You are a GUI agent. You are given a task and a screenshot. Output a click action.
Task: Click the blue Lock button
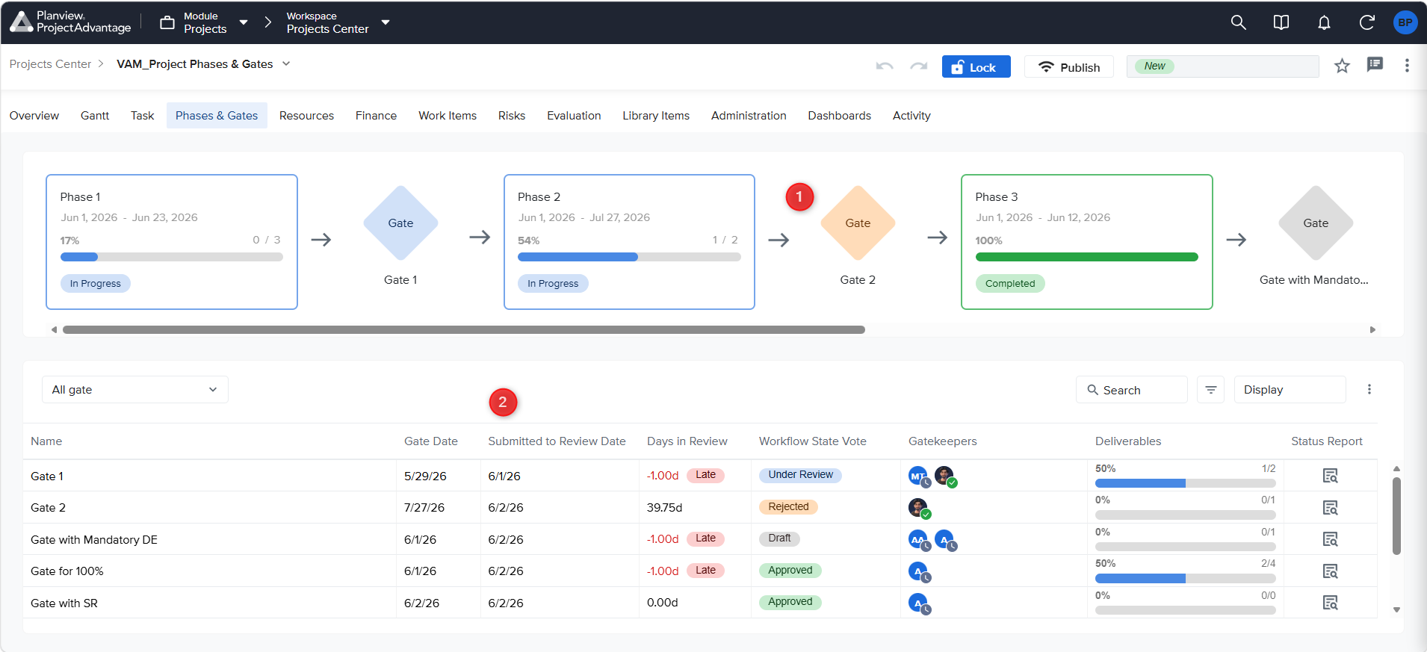pyautogui.click(x=976, y=66)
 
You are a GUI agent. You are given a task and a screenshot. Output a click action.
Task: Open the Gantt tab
pyautogui.click(x=95, y=116)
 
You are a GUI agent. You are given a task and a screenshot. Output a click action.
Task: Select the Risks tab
pyautogui.click(x=512, y=116)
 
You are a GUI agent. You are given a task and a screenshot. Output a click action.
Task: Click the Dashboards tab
pyautogui.click(x=839, y=116)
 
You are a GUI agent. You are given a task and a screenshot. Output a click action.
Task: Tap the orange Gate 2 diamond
pyautogui.click(x=858, y=223)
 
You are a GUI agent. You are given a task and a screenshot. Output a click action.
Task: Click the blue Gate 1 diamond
pyautogui.click(x=400, y=223)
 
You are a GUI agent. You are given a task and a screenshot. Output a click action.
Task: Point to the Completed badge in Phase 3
pyautogui.click(x=1010, y=284)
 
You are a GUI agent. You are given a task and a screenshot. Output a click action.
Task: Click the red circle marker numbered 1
pyautogui.click(x=799, y=197)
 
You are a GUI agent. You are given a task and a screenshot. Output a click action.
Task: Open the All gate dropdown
pyautogui.click(x=135, y=390)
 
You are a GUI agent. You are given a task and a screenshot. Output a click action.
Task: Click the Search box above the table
pyautogui.click(x=1131, y=390)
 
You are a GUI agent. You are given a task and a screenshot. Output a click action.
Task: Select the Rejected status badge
pyautogui.click(x=788, y=507)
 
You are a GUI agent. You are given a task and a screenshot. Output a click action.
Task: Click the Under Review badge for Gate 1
pyautogui.click(x=800, y=475)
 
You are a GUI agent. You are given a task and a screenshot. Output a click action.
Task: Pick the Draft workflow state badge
pyautogui.click(x=779, y=538)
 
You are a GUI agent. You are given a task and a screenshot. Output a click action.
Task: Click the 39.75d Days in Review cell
pyautogui.click(x=664, y=508)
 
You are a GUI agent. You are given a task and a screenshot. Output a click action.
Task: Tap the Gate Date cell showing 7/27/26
pyautogui.click(x=424, y=508)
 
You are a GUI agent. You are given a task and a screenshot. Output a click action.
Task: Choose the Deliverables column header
pyautogui.click(x=1128, y=441)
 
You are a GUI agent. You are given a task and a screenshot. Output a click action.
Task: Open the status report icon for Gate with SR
pyautogui.click(x=1330, y=603)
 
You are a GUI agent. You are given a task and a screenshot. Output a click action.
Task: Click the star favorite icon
pyautogui.click(x=1342, y=66)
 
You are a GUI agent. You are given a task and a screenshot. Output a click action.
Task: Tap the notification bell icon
pyautogui.click(x=1324, y=22)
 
